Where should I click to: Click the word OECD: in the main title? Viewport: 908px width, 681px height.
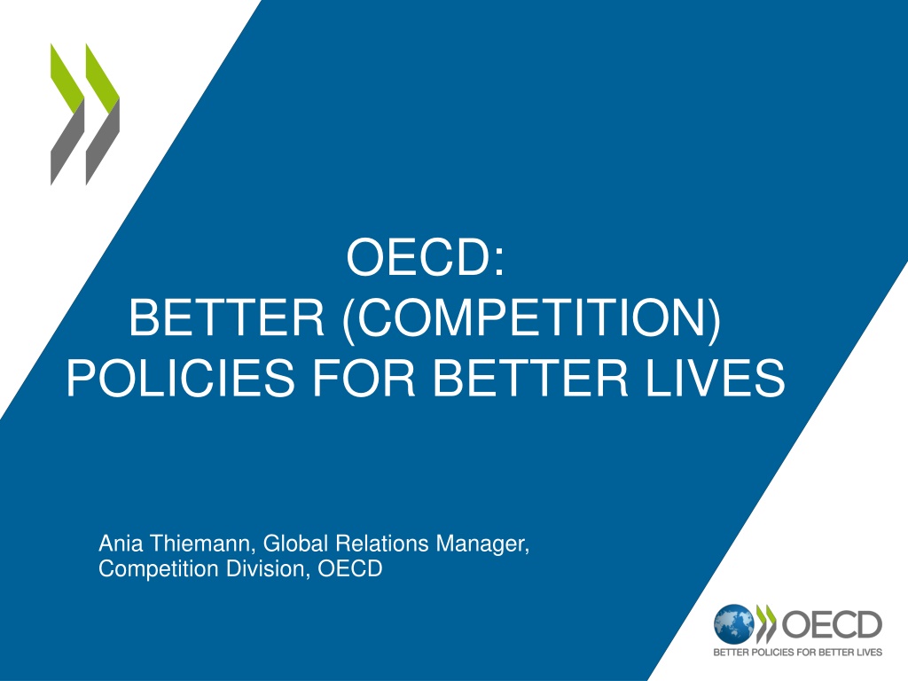click(x=426, y=256)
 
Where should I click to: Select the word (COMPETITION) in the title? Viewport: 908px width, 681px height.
click(x=532, y=317)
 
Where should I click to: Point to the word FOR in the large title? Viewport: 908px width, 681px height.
click(x=364, y=378)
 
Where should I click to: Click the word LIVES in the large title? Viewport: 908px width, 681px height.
click(x=716, y=378)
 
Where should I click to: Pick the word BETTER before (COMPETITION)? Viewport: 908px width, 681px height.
click(x=226, y=317)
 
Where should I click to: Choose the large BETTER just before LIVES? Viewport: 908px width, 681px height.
click(x=530, y=378)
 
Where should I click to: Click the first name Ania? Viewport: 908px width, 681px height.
click(x=121, y=544)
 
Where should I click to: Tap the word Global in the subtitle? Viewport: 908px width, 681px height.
click(x=296, y=544)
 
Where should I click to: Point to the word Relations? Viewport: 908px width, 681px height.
click(x=382, y=544)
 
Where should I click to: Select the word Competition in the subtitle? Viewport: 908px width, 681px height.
click(x=159, y=569)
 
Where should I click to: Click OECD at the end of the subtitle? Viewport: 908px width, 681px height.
click(x=350, y=568)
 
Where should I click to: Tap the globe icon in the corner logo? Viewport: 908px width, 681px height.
click(x=733, y=624)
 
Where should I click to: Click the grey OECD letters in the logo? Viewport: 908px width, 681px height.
click(x=832, y=625)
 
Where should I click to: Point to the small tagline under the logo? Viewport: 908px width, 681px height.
click(x=797, y=652)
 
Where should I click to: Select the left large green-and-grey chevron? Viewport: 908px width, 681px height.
click(x=67, y=114)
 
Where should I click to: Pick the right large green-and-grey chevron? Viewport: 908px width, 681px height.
click(x=103, y=114)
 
